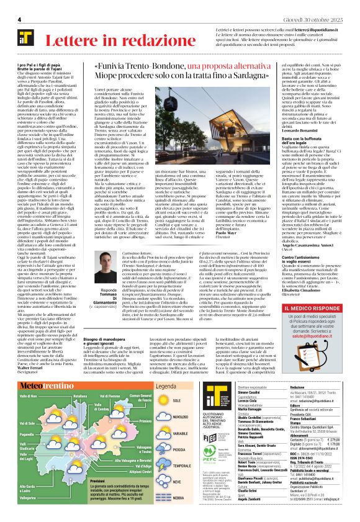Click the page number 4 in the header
(x=20, y=20)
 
